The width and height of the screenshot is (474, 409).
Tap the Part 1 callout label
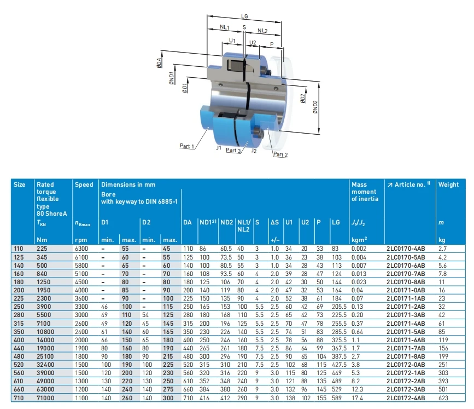pos(187,146)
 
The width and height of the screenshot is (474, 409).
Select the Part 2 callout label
pos(280,155)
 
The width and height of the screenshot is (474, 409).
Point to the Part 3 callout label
pos(233,151)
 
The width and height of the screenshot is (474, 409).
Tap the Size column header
pos(20,185)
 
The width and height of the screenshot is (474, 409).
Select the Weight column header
pos(448,185)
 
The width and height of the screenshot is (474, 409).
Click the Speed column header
pos(83,185)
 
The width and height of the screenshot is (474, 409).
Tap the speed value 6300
pos(81,249)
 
